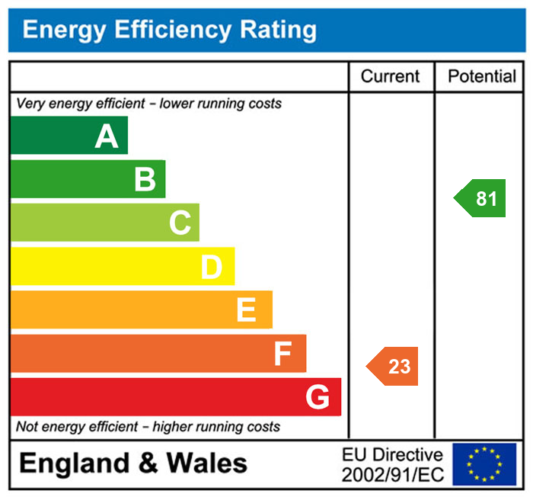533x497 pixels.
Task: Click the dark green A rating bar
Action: (x=69, y=136)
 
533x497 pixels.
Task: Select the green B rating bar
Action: (x=88, y=179)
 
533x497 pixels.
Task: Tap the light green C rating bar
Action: (x=104, y=223)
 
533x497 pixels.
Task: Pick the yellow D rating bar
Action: (x=122, y=266)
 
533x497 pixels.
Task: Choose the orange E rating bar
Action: (x=141, y=309)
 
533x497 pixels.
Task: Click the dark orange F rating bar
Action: (x=158, y=353)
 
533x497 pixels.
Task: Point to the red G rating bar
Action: (x=175, y=396)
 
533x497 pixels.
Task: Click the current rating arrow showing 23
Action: (x=394, y=366)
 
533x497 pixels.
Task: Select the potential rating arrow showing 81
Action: (x=481, y=198)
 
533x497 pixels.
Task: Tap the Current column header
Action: (x=390, y=76)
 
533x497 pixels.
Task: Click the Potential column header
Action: (x=481, y=76)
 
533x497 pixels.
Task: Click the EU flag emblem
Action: (x=484, y=464)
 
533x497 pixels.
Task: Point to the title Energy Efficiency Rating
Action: (x=169, y=30)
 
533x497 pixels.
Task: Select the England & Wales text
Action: (x=133, y=463)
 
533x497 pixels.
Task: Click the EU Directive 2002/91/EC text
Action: (x=392, y=464)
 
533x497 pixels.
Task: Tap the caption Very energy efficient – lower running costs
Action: (x=149, y=103)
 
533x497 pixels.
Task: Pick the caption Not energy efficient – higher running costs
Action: (x=148, y=427)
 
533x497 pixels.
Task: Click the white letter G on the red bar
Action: (x=318, y=397)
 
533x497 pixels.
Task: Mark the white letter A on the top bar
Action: (x=107, y=136)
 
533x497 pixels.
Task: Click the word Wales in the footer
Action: (x=206, y=463)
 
